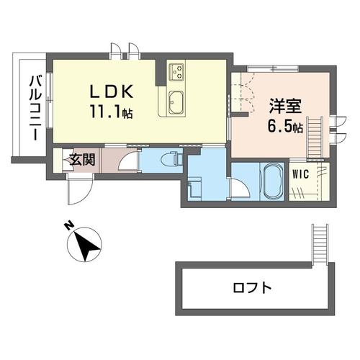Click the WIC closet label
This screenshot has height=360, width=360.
coord(300,174)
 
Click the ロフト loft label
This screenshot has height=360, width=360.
coord(252,289)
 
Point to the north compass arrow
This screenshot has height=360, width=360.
coord(87,245)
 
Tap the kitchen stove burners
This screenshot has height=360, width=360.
coord(177,71)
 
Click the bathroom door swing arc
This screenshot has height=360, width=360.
coord(238,189)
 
